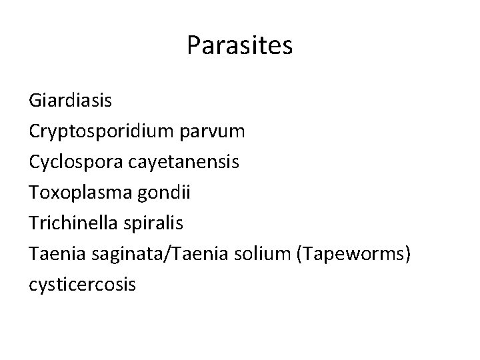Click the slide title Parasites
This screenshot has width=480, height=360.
[239, 45]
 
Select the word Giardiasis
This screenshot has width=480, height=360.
[71, 101]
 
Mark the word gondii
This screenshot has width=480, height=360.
[169, 193]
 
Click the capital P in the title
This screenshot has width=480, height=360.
[194, 45]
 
